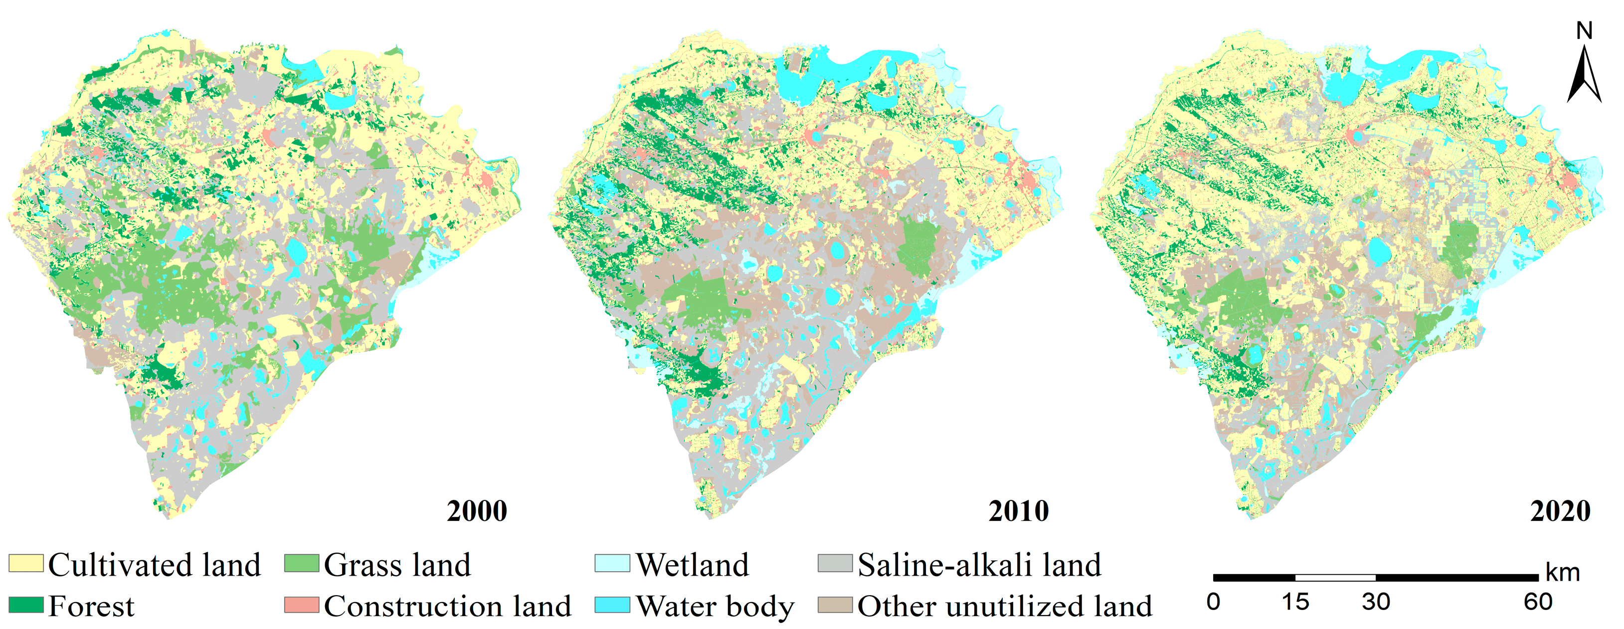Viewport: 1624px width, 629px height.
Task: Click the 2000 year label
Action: (477, 511)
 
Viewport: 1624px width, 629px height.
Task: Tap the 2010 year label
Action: (1018, 511)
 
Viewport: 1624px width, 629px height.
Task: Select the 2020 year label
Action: (1560, 511)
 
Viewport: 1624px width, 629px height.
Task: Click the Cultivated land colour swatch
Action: (26, 563)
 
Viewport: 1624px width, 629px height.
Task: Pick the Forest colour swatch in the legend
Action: (26, 605)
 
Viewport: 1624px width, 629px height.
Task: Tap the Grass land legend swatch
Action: (301, 563)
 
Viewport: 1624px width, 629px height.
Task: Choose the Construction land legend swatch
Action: (301, 605)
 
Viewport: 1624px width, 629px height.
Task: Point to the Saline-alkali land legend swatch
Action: (835, 563)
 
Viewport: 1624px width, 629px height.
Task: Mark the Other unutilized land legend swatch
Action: (835, 605)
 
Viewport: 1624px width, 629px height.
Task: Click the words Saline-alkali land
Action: (979, 565)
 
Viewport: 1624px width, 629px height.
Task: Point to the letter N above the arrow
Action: (1584, 31)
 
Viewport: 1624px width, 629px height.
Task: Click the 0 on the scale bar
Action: (1214, 602)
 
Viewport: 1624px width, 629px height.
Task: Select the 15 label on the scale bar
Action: (1295, 602)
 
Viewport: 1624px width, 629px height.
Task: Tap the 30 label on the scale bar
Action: (1376, 602)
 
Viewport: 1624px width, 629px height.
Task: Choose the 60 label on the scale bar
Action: (1538, 602)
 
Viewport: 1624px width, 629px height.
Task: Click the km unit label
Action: (1563, 573)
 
